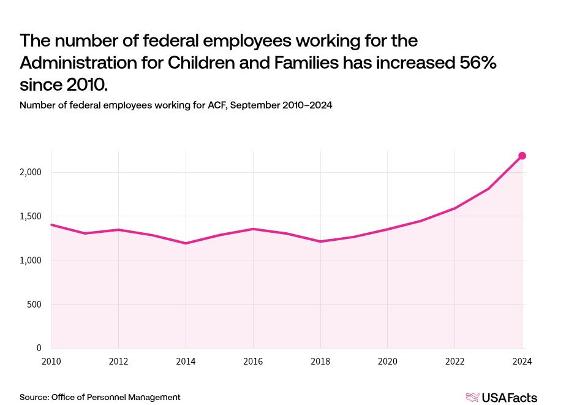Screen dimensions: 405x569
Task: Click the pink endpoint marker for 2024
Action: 522,156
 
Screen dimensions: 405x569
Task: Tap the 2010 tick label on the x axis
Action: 51,361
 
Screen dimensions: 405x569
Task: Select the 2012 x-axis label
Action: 118,361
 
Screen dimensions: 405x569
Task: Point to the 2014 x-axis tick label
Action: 186,361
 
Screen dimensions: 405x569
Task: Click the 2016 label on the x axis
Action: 253,361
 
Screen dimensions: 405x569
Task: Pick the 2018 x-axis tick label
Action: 320,361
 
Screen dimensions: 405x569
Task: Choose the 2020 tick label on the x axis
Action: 388,361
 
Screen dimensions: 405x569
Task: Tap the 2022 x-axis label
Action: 455,361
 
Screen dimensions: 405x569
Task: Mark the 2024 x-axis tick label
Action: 522,361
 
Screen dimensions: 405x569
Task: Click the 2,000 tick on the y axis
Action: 29,172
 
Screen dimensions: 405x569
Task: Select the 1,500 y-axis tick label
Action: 29,216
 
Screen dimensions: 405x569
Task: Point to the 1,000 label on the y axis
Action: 29,260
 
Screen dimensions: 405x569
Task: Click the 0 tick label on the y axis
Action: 38,348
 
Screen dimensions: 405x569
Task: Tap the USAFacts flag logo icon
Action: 472,398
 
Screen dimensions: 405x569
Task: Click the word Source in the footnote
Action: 34,397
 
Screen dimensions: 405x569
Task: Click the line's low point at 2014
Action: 186,243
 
